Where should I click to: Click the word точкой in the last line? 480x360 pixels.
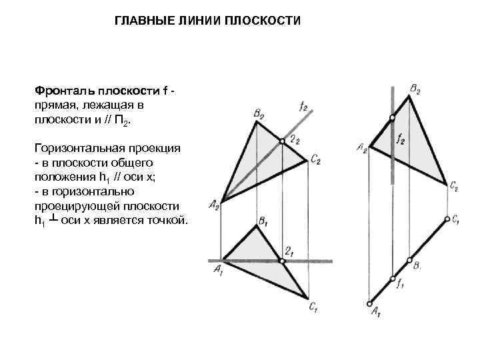pyautogui.click(x=169, y=220)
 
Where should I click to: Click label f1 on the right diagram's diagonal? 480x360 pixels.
pyautogui.click(x=400, y=283)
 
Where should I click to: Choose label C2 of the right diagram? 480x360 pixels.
pyautogui.click(x=453, y=187)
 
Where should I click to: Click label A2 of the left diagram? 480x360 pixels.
pyautogui.click(x=214, y=206)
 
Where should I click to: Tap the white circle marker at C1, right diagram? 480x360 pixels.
pyautogui.click(x=446, y=219)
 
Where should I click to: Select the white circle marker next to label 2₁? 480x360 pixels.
pyautogui.click(x=283, y=261)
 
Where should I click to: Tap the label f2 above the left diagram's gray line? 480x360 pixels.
pyautogui.click(x=304, y=105)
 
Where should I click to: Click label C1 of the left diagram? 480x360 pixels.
pyautogui.click(x=313, y=307)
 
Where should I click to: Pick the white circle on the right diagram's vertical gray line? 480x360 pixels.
pyautogui.click(x=393, y=118)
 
